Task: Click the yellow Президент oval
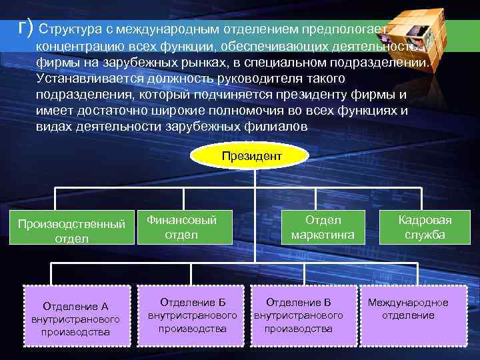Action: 251,155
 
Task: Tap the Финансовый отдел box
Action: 181,227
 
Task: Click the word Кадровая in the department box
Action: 425,220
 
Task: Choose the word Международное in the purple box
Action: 408,303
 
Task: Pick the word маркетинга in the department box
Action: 323,234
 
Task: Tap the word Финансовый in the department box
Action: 181,219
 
